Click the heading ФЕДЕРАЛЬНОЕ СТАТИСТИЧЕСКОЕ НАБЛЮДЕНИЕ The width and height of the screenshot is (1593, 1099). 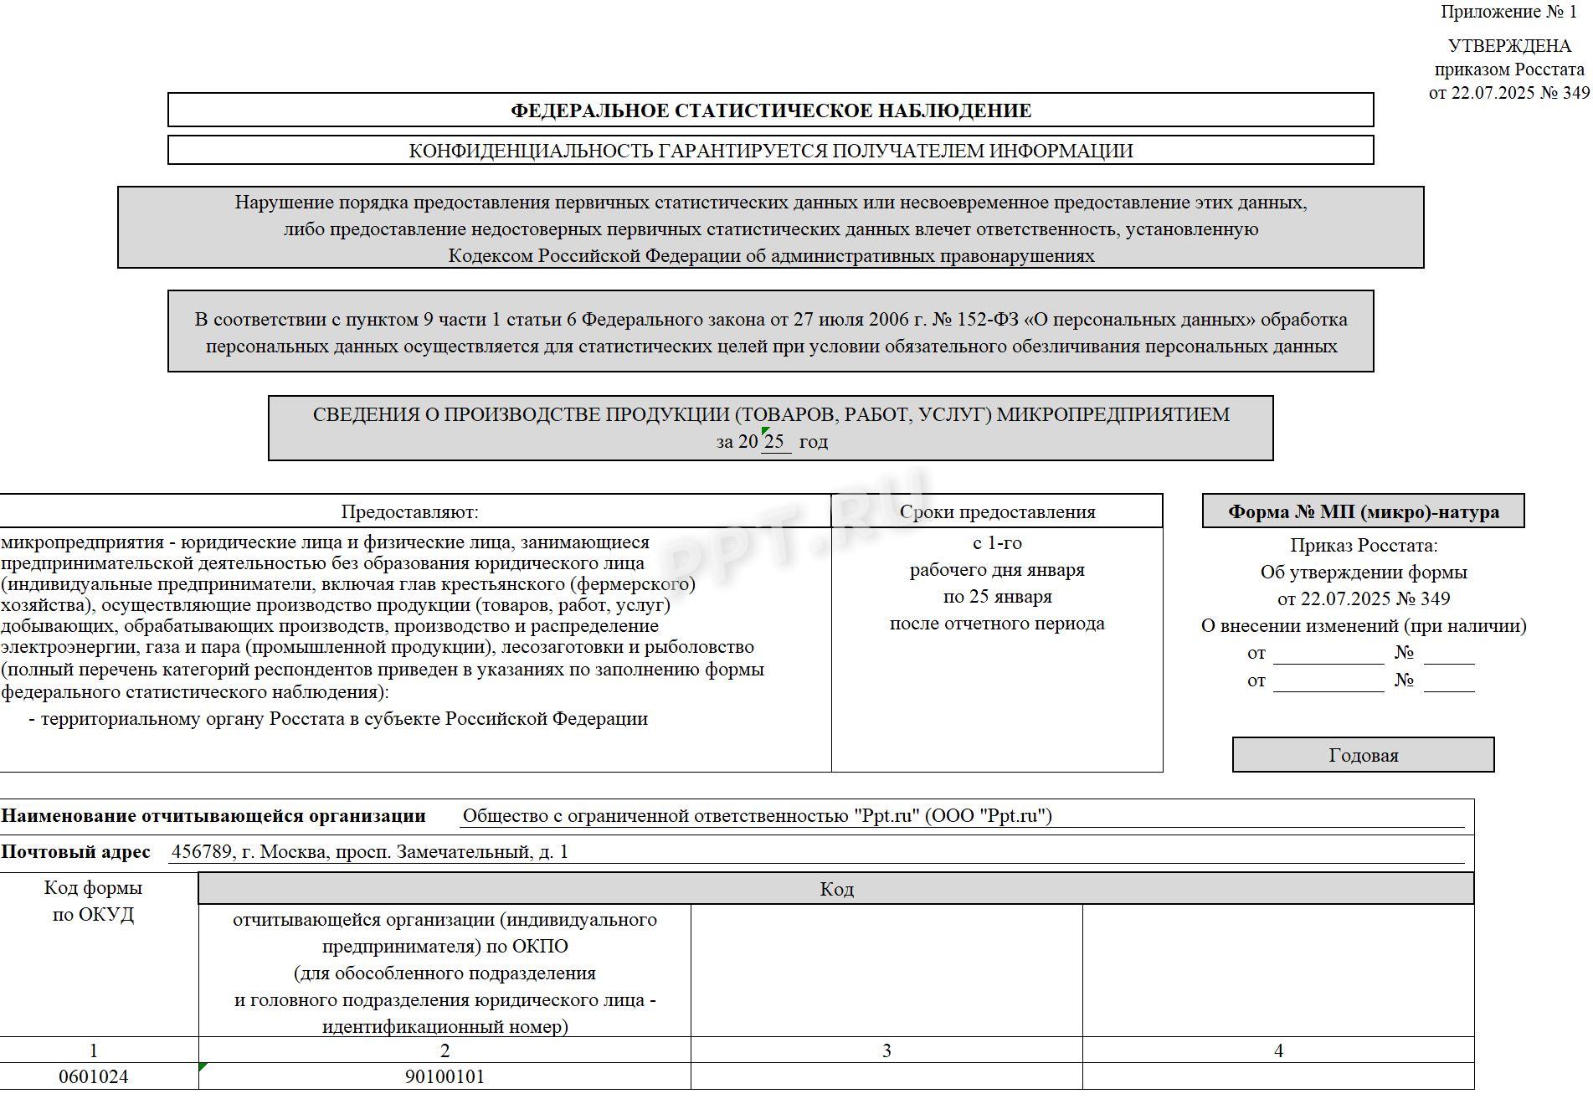770,110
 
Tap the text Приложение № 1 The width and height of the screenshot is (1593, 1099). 1508,12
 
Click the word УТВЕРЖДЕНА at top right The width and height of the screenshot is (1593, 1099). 1509,46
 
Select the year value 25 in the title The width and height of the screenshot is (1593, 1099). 774,441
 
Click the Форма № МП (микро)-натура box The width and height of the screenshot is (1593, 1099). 1363,511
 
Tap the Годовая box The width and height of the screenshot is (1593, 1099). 1363,755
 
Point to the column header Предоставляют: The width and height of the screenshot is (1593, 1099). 409,511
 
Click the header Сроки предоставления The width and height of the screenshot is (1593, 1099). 997,511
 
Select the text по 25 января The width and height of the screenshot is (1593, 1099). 997,597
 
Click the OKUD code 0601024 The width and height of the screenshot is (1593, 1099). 94,1076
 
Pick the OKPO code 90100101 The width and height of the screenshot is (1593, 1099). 444,1076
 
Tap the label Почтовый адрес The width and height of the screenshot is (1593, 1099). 75,852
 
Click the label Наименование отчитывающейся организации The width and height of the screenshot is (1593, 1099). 213,816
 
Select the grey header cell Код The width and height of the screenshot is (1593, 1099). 836,889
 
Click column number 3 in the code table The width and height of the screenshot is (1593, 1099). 886,1050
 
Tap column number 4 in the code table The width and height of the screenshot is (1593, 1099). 1278,1050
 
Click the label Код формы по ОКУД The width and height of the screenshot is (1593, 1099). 94,901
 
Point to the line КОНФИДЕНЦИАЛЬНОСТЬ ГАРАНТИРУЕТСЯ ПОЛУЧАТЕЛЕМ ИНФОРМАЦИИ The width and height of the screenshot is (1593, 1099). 770,151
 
